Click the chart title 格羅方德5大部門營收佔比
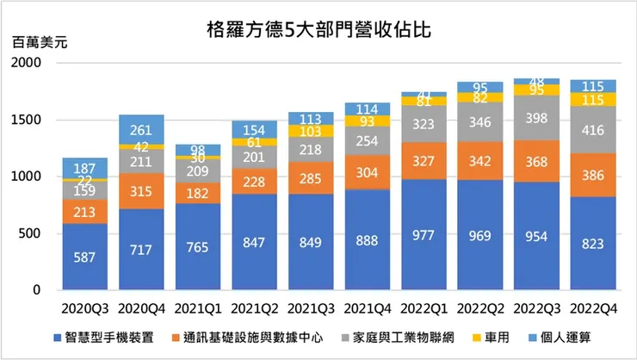tap(318, 30)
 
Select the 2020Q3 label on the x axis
tap(85, 307)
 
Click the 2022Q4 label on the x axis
tap(593, 307)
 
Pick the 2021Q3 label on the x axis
tap(311, 307)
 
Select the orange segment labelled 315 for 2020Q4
tap(141, 191)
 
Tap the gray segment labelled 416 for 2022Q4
tap(593, 130)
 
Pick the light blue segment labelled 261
tap(141, 130)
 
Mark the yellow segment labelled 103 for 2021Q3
tap(311, 132)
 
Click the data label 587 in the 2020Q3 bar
tap(85, 258)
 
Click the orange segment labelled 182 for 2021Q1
tap(198, 194)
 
